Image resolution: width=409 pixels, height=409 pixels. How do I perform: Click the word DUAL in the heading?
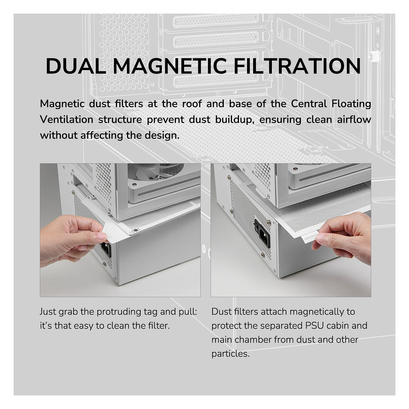[x=76, y=66]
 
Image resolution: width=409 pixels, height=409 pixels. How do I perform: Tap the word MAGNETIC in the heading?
[x=169, y=66]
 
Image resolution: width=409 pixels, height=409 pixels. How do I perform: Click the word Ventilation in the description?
[x=67, y=119]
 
